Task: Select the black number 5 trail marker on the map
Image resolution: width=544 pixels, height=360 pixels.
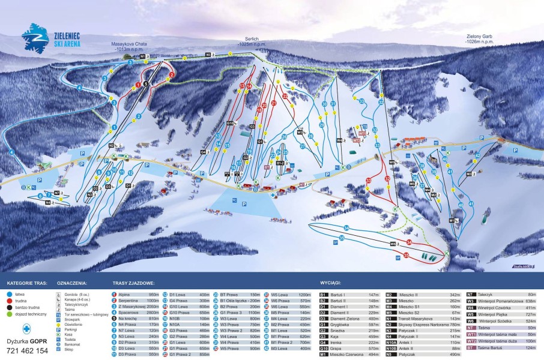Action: [x=145, y=84]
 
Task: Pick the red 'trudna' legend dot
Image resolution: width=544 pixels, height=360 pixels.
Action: [x=10, y=302]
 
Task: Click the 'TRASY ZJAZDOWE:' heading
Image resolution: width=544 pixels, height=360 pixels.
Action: [x=133, y=283]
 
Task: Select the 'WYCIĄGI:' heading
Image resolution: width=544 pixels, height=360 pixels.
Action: [x=331, y=283]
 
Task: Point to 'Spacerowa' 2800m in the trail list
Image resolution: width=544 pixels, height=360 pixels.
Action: [x=128, y=313]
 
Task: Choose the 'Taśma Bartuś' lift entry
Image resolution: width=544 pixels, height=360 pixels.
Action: [x=490, y=347]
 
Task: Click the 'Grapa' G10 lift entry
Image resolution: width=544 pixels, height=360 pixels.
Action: [x=336, y=348]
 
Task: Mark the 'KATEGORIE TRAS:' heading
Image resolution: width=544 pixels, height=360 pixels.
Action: [x=25, y=283]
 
